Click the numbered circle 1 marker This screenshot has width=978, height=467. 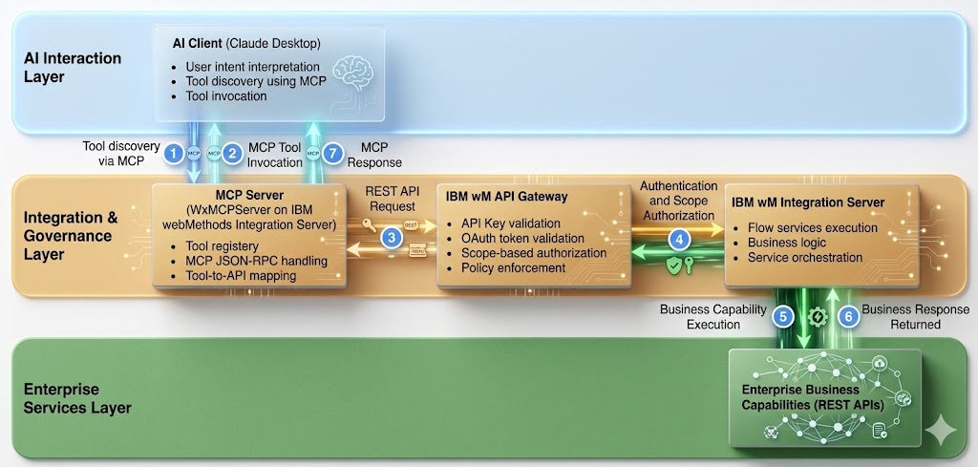pos(173,152)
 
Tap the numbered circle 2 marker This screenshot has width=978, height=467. pos(231,152)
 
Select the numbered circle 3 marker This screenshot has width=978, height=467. pos(390,238)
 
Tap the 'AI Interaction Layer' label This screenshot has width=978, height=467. pos(73,67)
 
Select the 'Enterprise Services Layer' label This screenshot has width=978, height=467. pos(77,398)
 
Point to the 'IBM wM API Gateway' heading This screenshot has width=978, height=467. pos(506,197)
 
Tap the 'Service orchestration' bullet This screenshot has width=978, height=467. pos(805,257)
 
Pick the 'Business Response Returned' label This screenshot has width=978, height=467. pos(915,316)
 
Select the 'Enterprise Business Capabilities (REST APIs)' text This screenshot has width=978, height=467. pos(814,396)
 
